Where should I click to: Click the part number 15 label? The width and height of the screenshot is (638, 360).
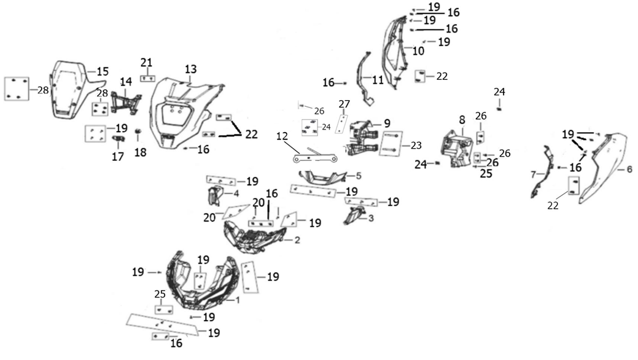103,71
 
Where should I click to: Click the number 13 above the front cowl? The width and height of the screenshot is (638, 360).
190,68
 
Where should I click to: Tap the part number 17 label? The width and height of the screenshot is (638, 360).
117,157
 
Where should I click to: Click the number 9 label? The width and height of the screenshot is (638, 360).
387,123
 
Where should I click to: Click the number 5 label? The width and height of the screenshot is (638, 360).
357,176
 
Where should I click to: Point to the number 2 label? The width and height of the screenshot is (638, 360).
297,240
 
